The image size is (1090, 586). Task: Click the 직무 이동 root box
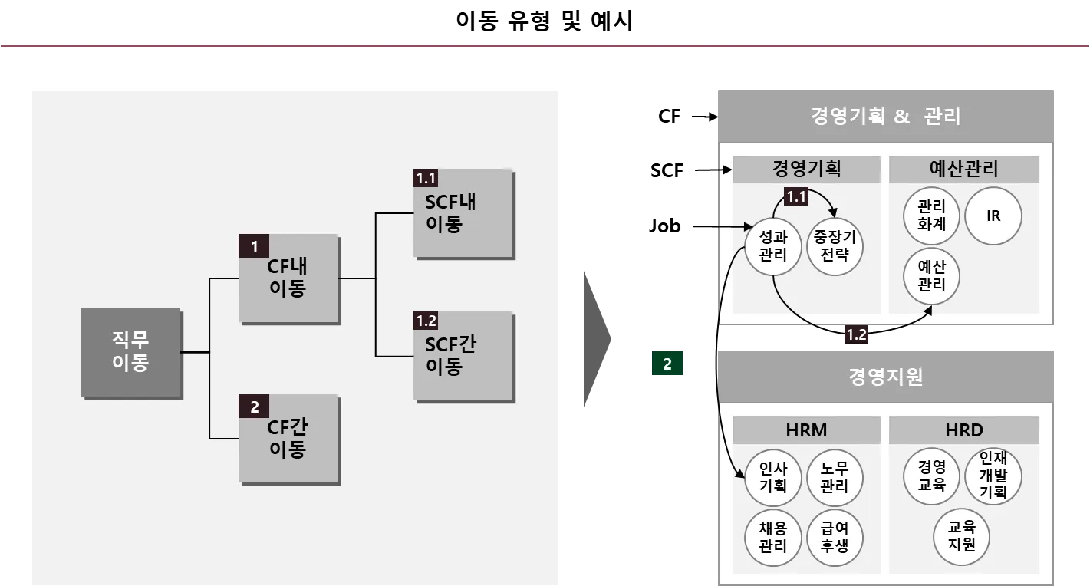click(x=131, y=353)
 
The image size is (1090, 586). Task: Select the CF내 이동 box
click(x=288, y=278)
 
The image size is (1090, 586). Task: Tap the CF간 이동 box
click(x=288, y=438)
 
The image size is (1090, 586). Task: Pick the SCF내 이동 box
click(x=463, y=213)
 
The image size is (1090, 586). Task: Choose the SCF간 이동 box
click(x=463, y=356)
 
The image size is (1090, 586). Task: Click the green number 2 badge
click(x=667, y=365)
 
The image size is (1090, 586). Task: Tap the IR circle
click(x=993, y=216)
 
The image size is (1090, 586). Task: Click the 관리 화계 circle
click(x=931, y=216)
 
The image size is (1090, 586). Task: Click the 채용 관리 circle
click(x=773, y=537)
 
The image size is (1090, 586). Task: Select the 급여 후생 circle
click(x=835, y=537)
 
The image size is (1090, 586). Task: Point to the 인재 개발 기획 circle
click(x=993, y=476)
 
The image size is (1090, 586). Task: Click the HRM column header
click(x=806, y=431)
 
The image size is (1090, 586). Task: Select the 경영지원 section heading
click(x=886, y=377)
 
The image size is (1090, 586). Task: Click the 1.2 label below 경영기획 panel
click(x=856, y=334)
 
